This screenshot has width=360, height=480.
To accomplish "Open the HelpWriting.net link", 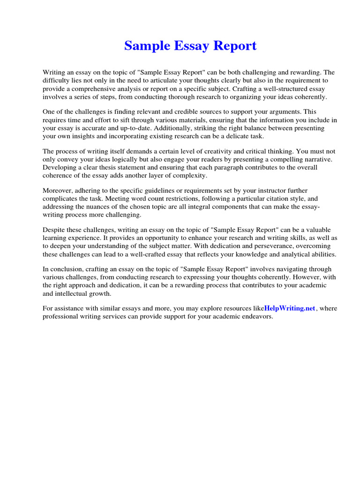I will (290, 308).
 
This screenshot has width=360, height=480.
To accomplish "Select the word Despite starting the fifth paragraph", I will (56, 230).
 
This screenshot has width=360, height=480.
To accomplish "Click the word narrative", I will (318, 159).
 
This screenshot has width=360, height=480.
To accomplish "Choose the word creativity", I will (226, 151).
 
